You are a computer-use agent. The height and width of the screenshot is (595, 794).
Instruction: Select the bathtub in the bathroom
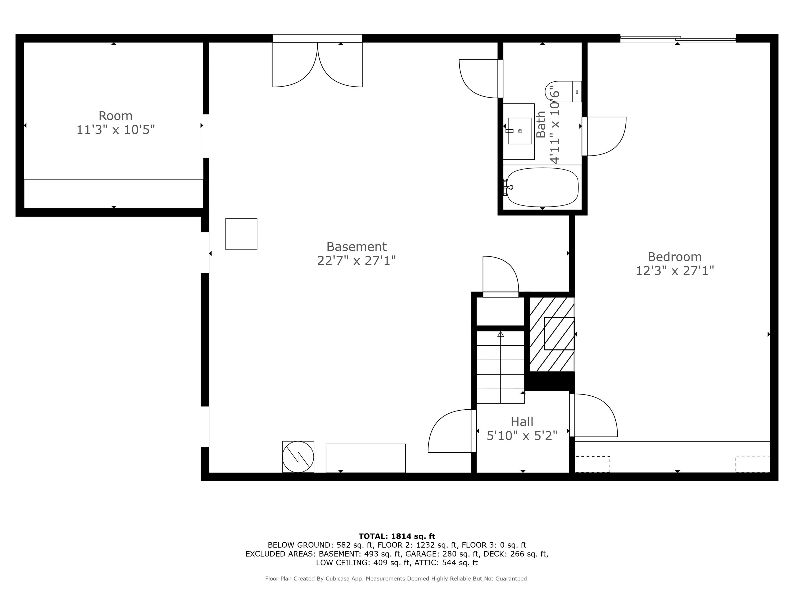pos(542,187)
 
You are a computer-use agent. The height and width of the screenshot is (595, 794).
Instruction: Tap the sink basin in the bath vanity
pos(520,131)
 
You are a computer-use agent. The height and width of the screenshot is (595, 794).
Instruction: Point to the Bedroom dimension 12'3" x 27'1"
pos(674,271)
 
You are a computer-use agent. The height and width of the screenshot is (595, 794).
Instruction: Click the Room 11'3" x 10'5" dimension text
pos(116,130)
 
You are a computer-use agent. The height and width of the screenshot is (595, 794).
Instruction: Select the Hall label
pos(522,422)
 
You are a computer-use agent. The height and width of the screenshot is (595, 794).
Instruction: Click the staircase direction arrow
pos(500,334)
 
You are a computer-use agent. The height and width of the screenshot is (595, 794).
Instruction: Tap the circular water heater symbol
pos(298,456)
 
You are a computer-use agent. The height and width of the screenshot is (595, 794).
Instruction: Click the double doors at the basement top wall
pos(317,65)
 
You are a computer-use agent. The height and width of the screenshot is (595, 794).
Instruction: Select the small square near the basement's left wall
pos(241,234)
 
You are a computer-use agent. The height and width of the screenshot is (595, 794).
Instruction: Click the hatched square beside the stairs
pos(559,333)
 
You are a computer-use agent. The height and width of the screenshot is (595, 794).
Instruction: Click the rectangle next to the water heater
pos(366,458)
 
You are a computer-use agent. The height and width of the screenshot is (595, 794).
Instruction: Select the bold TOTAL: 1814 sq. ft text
pos(397,536)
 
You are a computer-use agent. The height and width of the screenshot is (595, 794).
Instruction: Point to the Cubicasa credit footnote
pos(397,579)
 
